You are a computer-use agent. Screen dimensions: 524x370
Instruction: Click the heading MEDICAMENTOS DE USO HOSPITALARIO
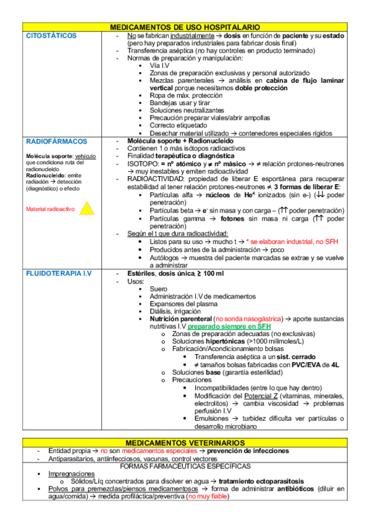click(185, 28)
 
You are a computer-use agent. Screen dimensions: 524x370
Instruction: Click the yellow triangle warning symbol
click(87, 208)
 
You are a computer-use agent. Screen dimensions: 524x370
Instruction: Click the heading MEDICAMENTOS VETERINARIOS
click(185, 443)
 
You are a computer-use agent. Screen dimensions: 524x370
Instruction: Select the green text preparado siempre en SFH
click(229, 326)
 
